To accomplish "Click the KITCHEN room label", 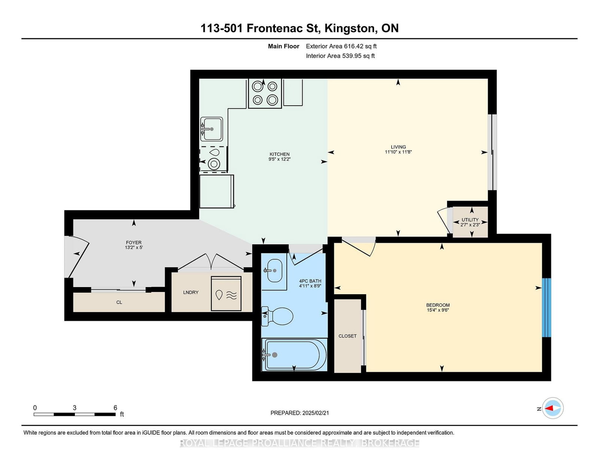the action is click(280, 154).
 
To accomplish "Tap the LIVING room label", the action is click(398, 147).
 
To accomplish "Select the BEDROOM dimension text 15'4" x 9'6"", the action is click(438, 310).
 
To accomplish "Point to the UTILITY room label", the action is click(470, 220).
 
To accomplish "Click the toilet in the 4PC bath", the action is click(277, 316).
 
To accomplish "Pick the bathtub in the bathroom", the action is click(294, 355).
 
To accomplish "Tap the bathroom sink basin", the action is click(275, 271).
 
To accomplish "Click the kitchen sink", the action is click(212, 129).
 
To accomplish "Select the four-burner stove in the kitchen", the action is click(265, 94).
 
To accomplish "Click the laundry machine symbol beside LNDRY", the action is click(226, 294).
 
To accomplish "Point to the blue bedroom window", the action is click(546, 308).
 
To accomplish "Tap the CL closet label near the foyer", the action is click(119, 302).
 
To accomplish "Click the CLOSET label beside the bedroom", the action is click(347, 336).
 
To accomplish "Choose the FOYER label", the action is click(134, 243).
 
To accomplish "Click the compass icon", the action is click(553, 408).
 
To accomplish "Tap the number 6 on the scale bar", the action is click(115, 408).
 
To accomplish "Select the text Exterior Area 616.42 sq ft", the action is click(341, 46).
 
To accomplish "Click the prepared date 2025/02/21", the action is click(316, 413).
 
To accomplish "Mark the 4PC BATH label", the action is click(310, 281).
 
